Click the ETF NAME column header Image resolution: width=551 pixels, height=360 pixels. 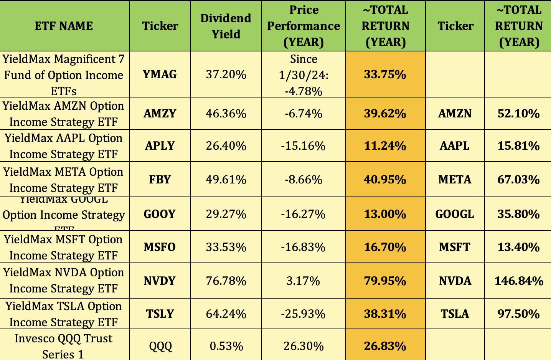tap(64, 26)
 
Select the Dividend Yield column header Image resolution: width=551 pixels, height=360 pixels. tap(226, 26)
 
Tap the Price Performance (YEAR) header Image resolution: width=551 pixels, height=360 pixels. tap(304, 26)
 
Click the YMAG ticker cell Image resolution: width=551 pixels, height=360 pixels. tap(160, 74)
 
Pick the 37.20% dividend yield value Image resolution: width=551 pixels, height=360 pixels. tap(226, 74)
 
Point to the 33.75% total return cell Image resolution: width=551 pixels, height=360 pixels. tap(385, 74)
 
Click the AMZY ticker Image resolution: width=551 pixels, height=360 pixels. tap(160, 114)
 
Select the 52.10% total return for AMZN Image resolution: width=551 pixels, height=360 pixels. tap(518, 114)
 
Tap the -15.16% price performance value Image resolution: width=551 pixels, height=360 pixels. tap(303, 146)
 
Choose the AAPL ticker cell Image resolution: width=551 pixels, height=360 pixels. tap(455, 146)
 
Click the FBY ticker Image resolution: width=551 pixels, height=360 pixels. tap(160, 180)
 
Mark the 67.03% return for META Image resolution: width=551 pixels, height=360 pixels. tap(518, 180)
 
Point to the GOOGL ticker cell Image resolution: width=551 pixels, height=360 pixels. tap(455, 214)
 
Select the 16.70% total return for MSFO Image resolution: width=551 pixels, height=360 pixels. tap(385, 247)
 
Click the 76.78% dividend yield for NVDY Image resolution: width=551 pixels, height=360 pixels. tap(226, 281)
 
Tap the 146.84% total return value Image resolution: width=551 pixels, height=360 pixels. tap(519, 281)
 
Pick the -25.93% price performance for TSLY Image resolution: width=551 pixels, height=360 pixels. tap(303, 314)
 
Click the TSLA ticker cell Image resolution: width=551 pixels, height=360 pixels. tap(455, 314)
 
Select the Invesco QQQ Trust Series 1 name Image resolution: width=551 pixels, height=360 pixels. tap(64, 346)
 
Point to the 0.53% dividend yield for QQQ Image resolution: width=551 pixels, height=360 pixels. tap(226, 346)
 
